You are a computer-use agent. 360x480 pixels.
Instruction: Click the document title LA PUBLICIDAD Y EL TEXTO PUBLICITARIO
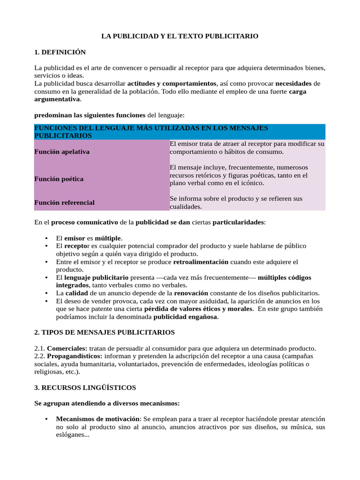tap(180, 36)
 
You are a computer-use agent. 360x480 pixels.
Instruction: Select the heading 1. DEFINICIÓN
tap(60, 52)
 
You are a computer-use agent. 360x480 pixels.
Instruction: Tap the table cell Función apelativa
tap(62, 152)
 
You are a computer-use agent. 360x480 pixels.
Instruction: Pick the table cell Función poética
tap(59, 179)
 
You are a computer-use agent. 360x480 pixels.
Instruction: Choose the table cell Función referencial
tap(64, 202)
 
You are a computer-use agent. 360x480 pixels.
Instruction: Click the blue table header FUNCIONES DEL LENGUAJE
tap(151, 132)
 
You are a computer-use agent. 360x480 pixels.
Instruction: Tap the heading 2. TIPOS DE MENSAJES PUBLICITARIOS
tap(105, 332)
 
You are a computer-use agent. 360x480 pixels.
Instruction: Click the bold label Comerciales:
tap(67, 348)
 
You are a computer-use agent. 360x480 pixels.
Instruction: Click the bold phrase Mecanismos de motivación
tap(98, 419)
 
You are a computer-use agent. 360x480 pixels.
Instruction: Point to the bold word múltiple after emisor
tap(108, 238)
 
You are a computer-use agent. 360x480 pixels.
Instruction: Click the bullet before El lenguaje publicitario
tap(45, 277)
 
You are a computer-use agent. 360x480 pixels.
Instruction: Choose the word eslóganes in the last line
tap(73, 435)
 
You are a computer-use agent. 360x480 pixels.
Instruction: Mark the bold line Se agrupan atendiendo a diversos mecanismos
tap(107, 403)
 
